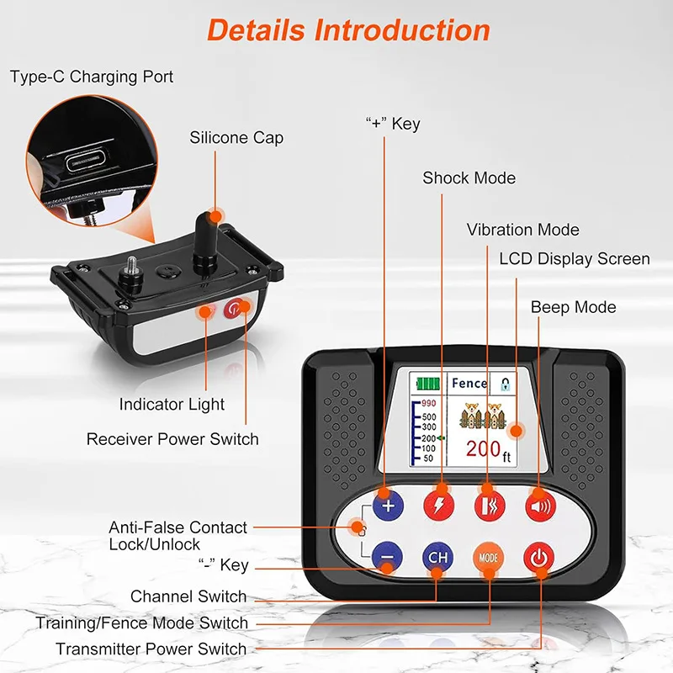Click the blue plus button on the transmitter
(x=388, y=506)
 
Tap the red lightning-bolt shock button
(x=438, y=506)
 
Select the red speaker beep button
(x=540, y=506)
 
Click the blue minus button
(x=387, y=557)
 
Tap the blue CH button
(x=437, y=557)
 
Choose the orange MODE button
(x=489, y=558)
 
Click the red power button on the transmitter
(x=539, y=558)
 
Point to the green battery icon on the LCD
(x=428, y=384)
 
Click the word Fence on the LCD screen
(x=469, y=383)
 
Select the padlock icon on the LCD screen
(x=506, y=384)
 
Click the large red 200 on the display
(x=483, y=448)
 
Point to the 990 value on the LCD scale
(x=428, y=403)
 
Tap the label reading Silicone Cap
(x=236, y=138)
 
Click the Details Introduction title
(x=348, y=30)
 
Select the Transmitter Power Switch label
(x=151, y=649)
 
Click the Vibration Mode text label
(x=522, y=230)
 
